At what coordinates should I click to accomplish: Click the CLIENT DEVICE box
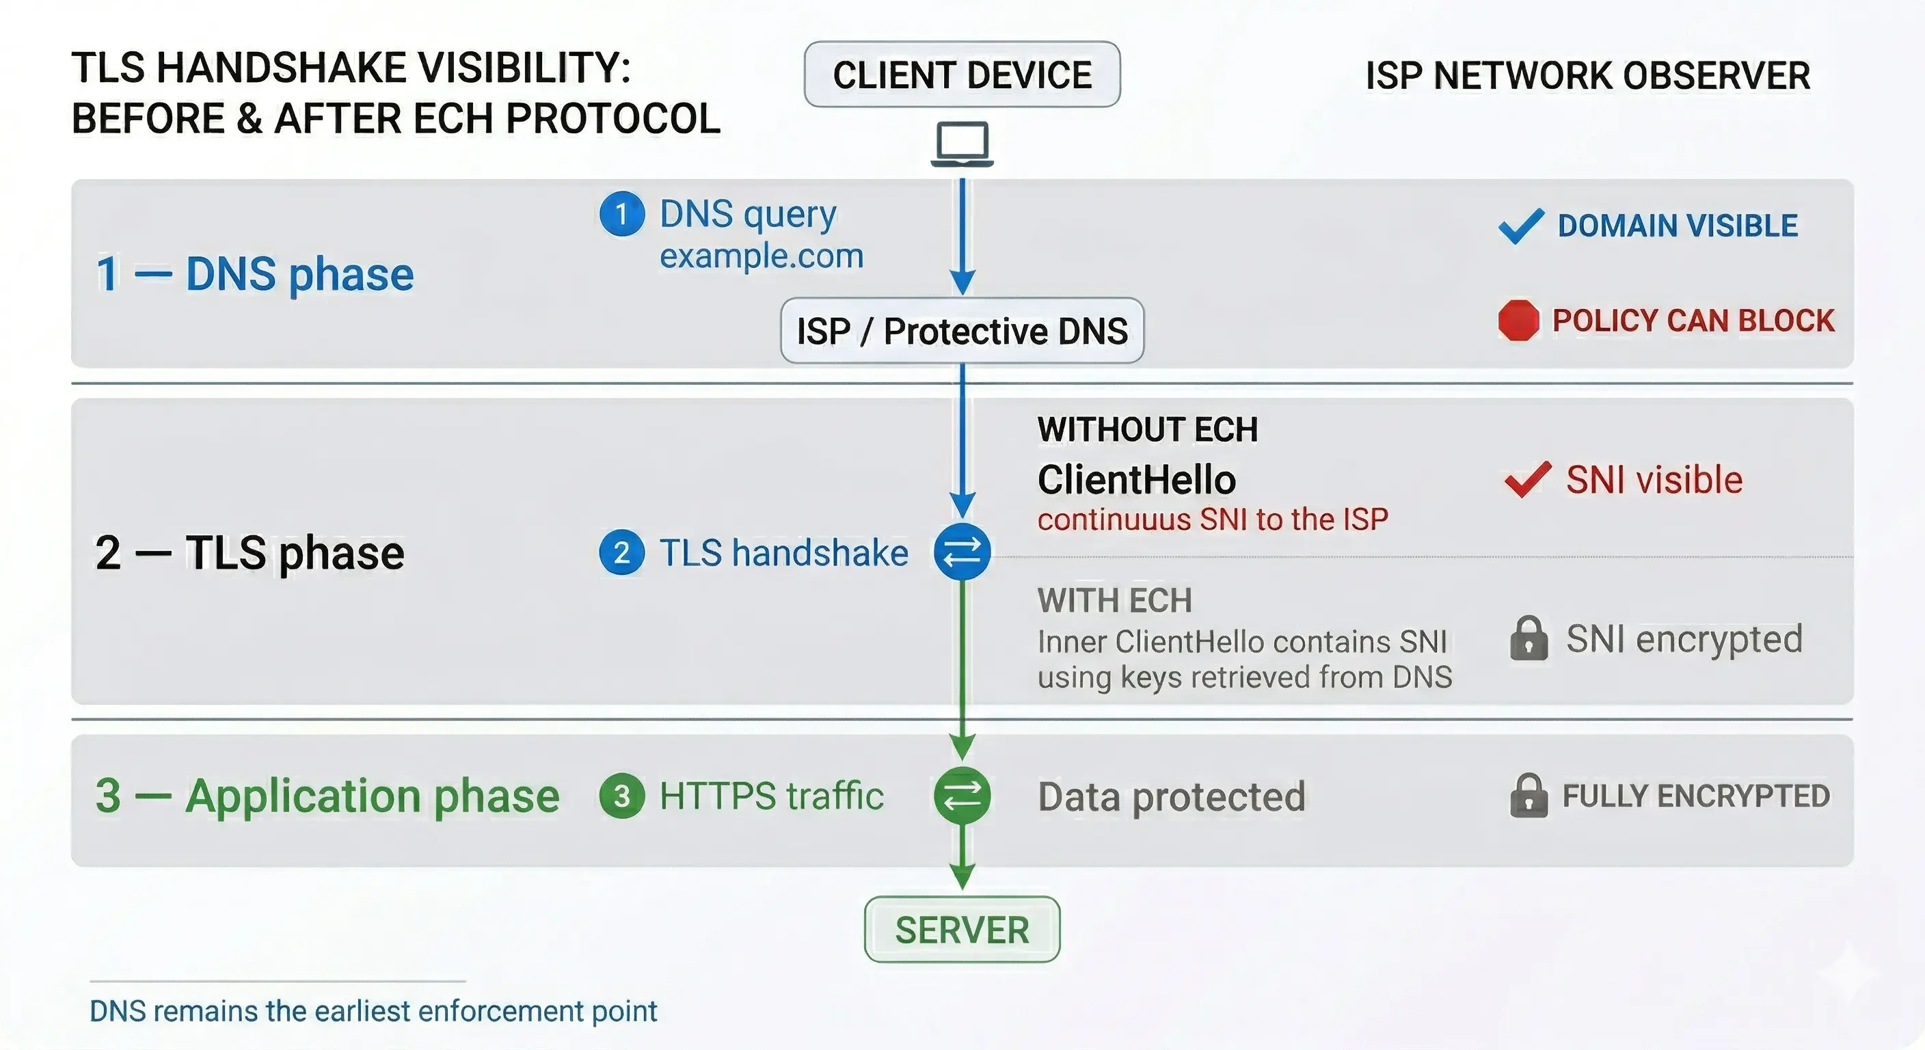[x=962, y=75]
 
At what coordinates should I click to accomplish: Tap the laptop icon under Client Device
[x=962, y=144]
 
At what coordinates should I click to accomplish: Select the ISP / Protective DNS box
[x=962, y=330]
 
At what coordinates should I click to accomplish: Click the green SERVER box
[x=962, y=929]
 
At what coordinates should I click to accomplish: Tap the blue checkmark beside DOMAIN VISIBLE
[x=1521, y=226]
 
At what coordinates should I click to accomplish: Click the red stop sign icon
[x=1518, y=321]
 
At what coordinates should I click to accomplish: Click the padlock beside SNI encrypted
[x=1529, y=638]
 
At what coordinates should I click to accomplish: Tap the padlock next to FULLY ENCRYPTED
[x=1529, y=795]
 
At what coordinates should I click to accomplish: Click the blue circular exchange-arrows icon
[x=962, y=552]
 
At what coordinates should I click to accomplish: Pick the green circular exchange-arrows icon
[x=962, y=795]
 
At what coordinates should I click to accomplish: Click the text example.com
[x=761, y=256]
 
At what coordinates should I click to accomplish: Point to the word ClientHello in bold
[x=1136, y=479]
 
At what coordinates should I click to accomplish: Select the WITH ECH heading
[x=1114, y=600]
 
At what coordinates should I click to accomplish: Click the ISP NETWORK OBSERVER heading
[x=1587, y=75]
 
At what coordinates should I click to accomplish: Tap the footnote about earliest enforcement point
[x=373, y=1010]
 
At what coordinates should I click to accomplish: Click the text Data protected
[x=1171, y=796]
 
